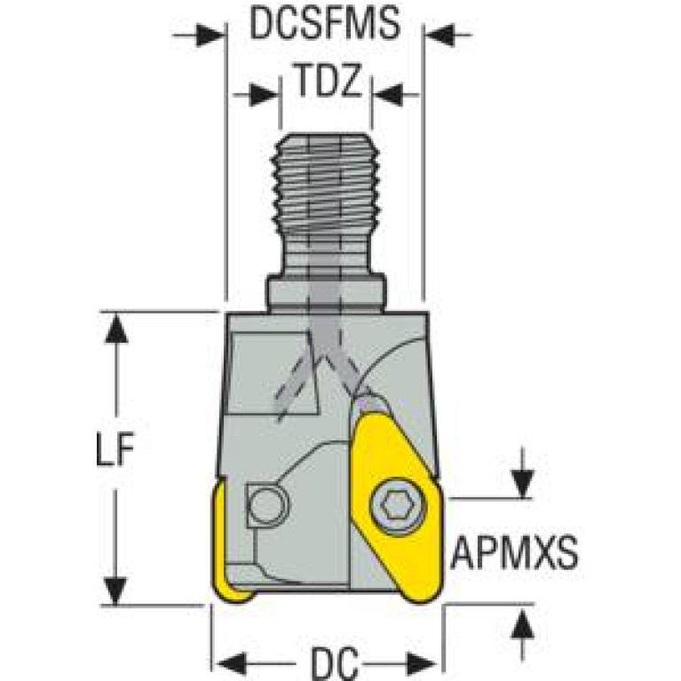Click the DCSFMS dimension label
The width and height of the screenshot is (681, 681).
click(324, 24)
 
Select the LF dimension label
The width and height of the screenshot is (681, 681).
click(115, 448)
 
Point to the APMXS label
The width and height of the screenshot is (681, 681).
click(515, 552)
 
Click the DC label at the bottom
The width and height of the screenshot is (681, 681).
click(335, 663)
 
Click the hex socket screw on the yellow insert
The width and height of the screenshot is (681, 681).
click(398, 506)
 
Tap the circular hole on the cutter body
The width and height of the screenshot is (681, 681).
click(268, 505)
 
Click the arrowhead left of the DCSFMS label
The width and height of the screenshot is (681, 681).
click(210, 35)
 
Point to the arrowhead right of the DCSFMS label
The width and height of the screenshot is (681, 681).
click(440, 35)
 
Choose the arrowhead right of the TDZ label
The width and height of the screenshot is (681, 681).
click(388, 95)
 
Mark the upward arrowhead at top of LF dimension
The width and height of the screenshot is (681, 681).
click(115, 329)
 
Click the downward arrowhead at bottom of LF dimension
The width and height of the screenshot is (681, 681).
click(115, 590)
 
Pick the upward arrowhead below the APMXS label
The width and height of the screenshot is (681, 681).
click(522, 622)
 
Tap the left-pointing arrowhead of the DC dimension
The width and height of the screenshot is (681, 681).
click(231, 662)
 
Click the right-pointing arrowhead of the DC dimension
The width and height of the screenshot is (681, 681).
click(421, 662)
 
